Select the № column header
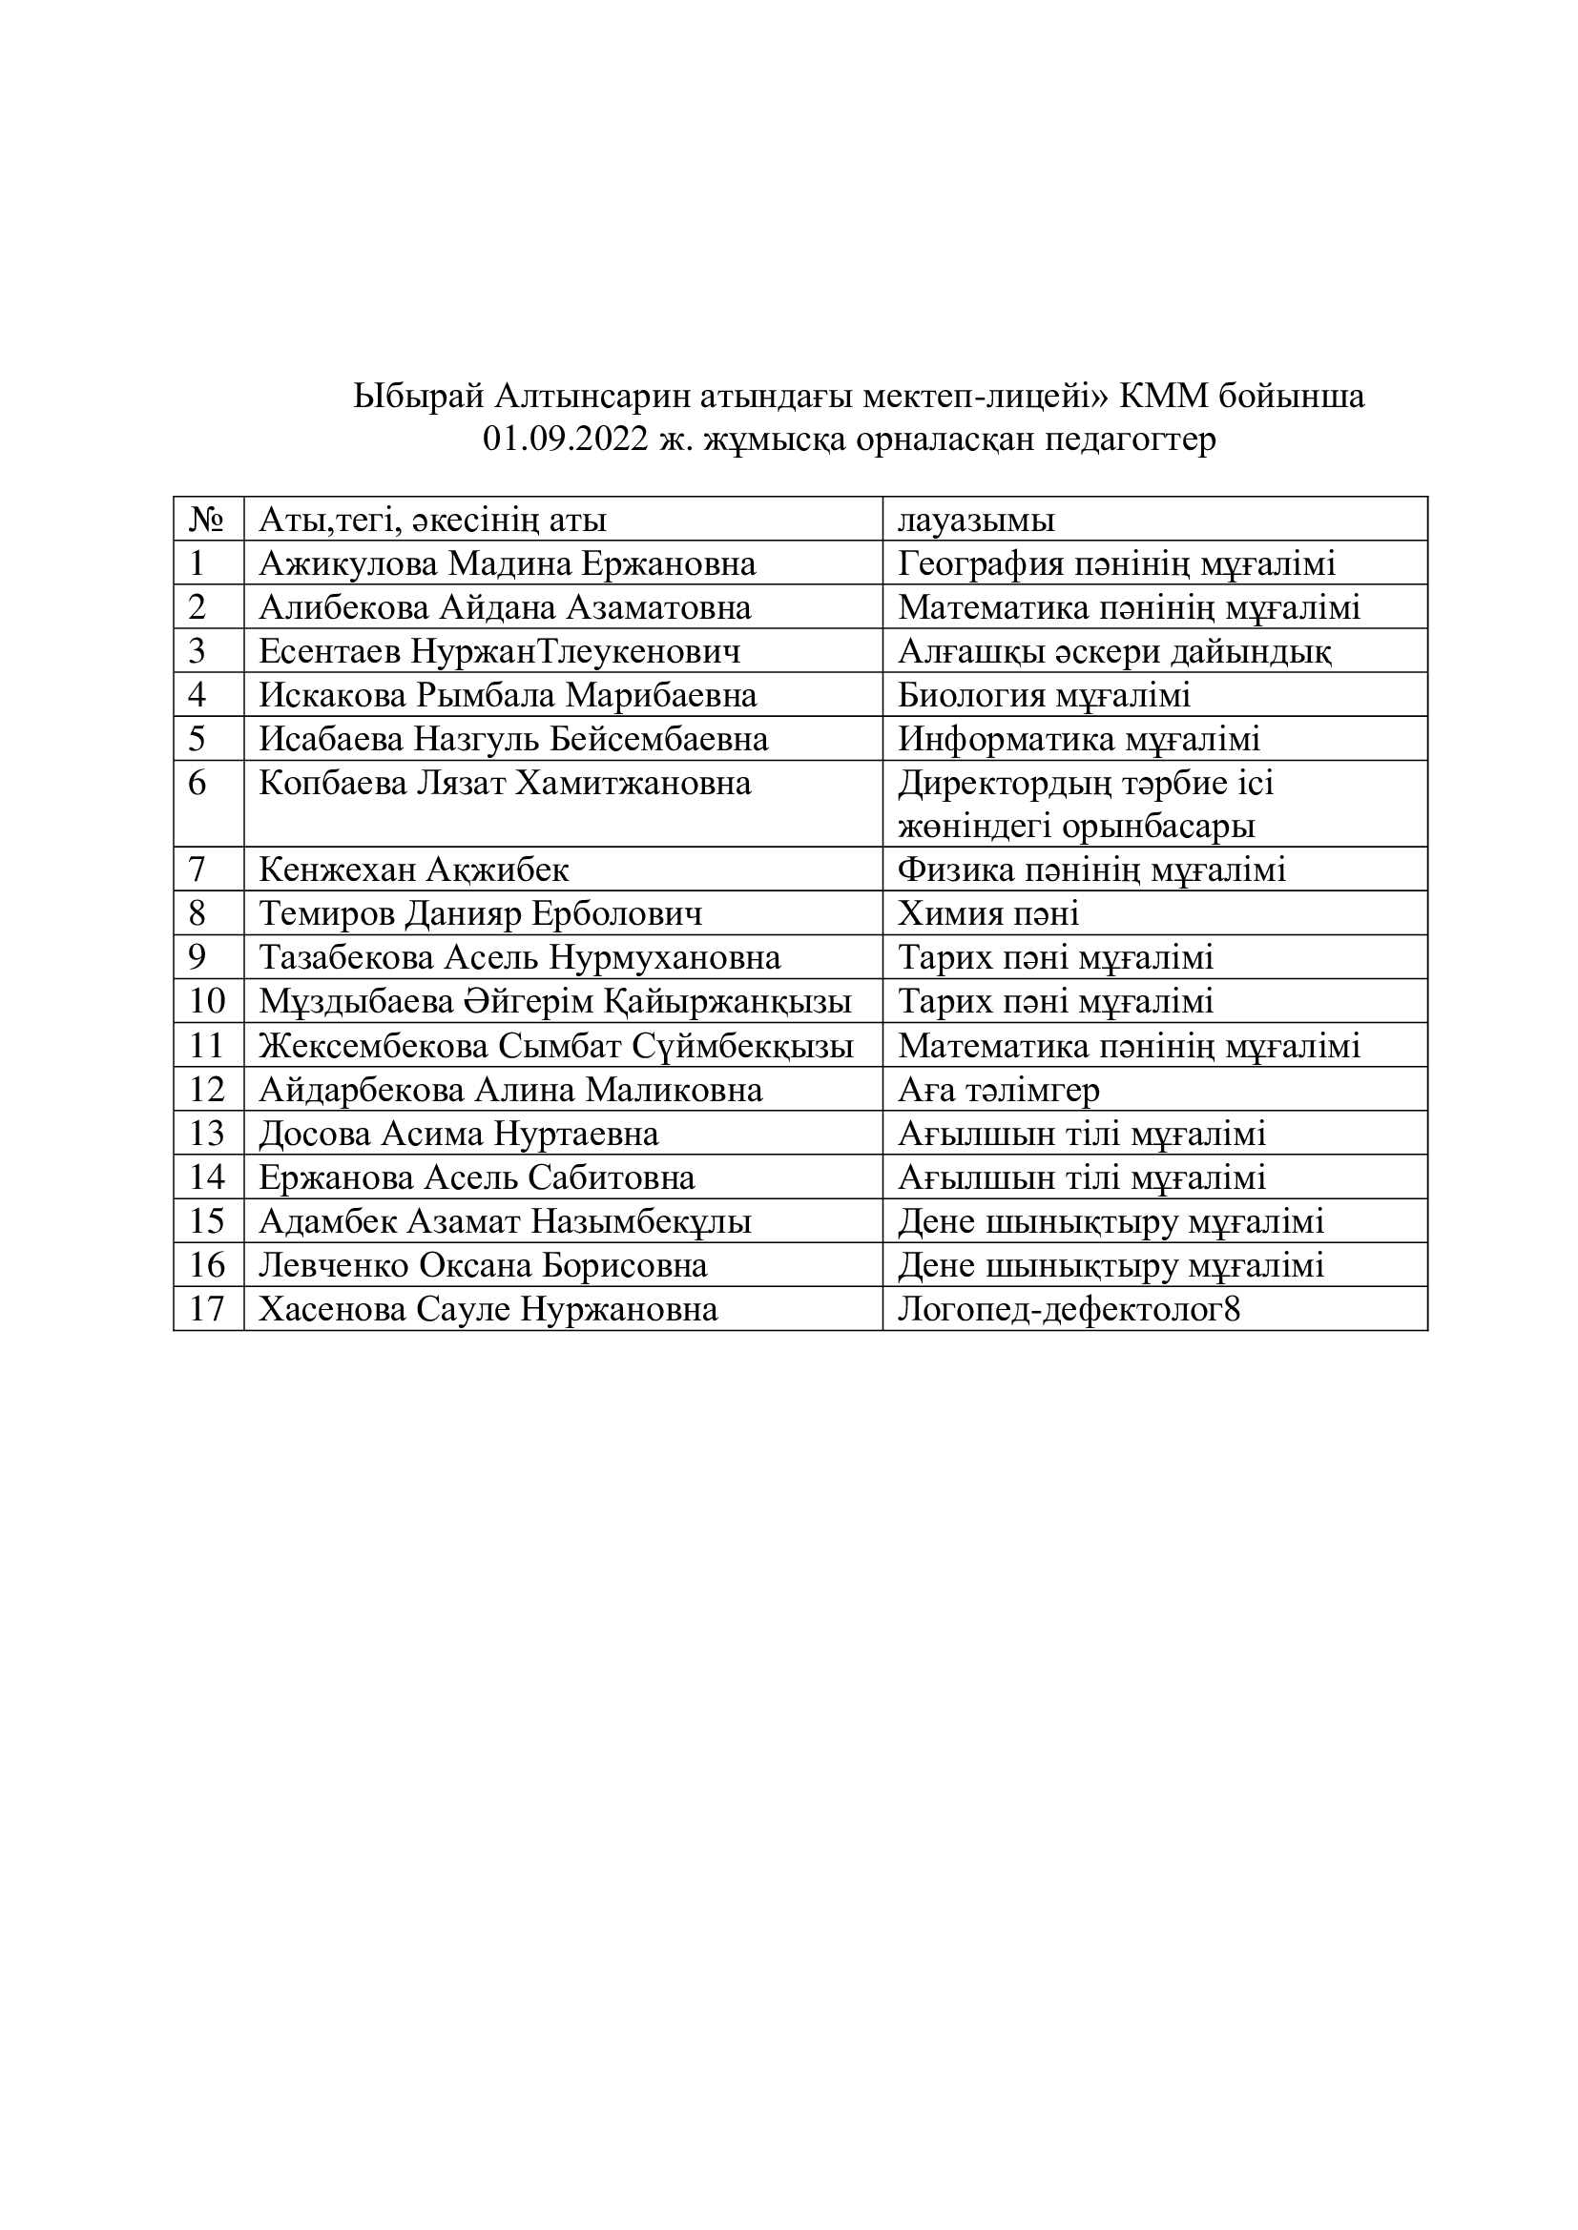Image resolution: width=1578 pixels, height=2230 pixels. (208, 521)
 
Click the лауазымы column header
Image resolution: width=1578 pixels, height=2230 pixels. (976, 521)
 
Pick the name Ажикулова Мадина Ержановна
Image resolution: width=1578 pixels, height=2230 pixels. (508, 564)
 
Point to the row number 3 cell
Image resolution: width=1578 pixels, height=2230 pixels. (197, 652)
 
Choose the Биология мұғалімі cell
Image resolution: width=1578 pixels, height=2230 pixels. (1044, 695)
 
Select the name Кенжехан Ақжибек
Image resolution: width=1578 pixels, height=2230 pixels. (414, 869)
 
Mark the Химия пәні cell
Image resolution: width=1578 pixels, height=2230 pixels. (988, 914)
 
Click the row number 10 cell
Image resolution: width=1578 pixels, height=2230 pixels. (207, 1001)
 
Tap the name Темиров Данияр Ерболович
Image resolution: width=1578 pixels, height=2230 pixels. (480, 914)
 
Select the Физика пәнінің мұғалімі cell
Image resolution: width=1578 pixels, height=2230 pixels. (1091, 869)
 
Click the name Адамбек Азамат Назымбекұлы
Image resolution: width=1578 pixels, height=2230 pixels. (505, 1222)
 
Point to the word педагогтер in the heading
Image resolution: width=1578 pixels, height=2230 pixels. (1129, 440)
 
